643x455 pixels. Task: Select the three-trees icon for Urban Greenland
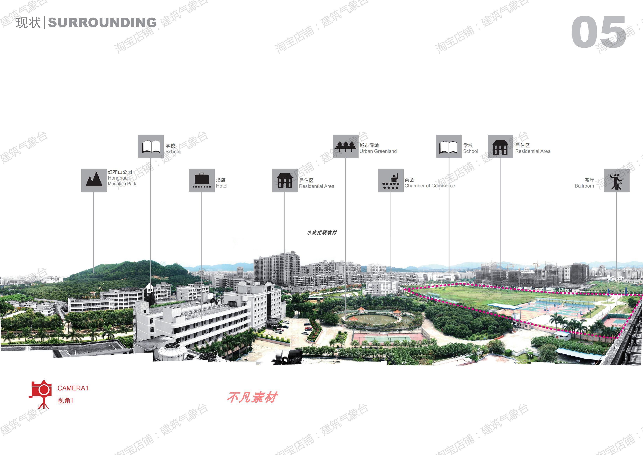click(x=345, y=146)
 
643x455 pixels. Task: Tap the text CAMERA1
click(x=73, y=388)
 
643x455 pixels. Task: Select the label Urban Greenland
click(x=378, y=151)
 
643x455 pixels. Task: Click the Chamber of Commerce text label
click(x=430, y=186)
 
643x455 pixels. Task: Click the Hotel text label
click(x=221, y=186)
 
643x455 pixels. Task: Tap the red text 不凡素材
click(x=252, y=397)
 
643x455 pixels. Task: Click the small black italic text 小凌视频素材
click(x=322, y=232)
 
